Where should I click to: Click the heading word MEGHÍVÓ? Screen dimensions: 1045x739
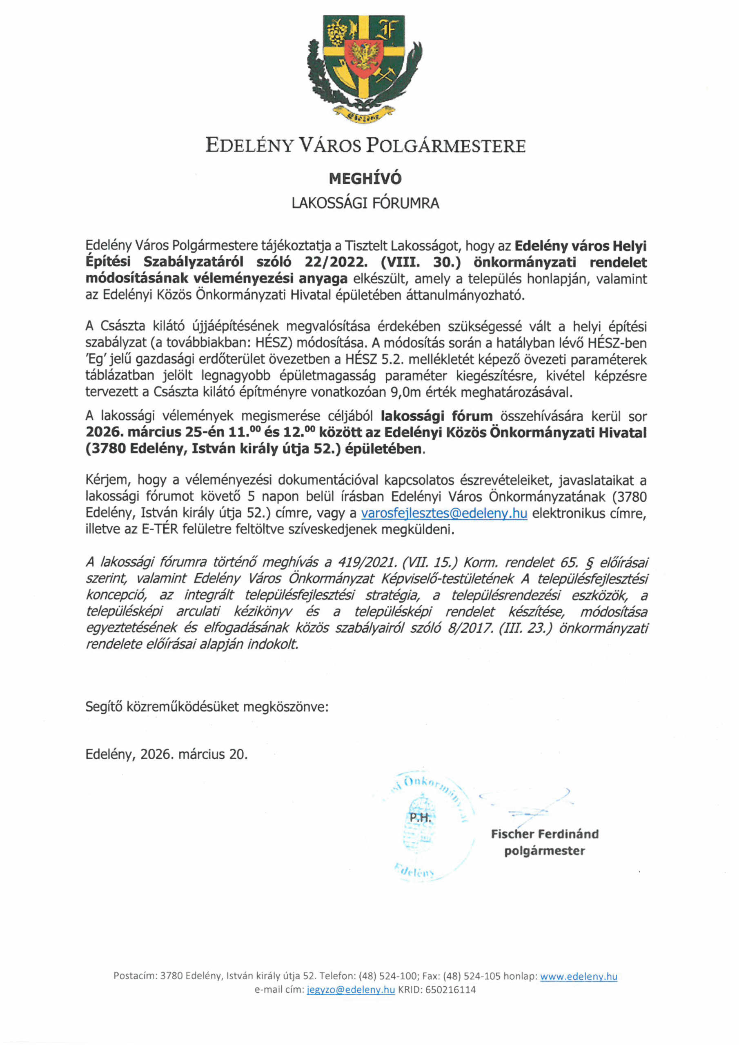click(x=365, y=178)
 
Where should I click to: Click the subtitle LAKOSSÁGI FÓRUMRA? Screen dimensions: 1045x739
click(x=365, y=203)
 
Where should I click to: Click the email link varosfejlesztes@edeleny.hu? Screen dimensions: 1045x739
click(x=444, y=514)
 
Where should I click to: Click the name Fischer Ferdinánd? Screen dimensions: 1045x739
click(x=545, y=834)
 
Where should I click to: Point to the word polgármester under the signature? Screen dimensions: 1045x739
click(x=545, y=851)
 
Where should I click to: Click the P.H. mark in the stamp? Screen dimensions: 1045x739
click(x=420, y=818)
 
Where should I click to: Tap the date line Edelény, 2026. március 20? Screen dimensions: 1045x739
click(x=167, y=755)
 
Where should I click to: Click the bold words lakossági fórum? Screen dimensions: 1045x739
click(x=436, y=416)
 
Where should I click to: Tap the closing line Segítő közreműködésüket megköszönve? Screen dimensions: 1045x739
click(x=207, y=707)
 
